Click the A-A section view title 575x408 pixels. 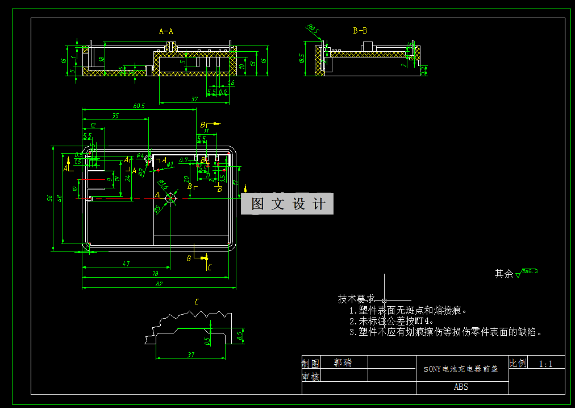tap(166, 32)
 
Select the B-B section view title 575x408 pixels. tap(360, 31)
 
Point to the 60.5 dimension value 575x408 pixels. tap(139, 106)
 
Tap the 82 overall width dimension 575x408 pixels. tap(159, 283)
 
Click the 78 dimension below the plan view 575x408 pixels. tap(155, 274)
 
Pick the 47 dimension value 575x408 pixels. tap(126, 263)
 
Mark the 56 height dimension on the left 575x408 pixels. tap(50, 197)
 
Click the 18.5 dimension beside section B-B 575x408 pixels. tap(302, 58)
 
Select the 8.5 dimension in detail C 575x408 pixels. tap(239, 336)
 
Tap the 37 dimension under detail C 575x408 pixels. tap(191, 355)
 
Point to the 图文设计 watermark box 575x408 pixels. tap(287, 204)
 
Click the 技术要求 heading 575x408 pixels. tap(356, 299)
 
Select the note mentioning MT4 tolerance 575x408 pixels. tap(391, 321)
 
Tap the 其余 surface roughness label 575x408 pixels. tap(504, 274)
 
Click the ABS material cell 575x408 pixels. tap(461, 387)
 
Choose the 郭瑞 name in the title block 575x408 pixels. tap(343, 362)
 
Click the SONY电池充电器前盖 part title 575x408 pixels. tap(461, 369)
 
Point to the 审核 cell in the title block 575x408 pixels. tap(310, 376)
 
